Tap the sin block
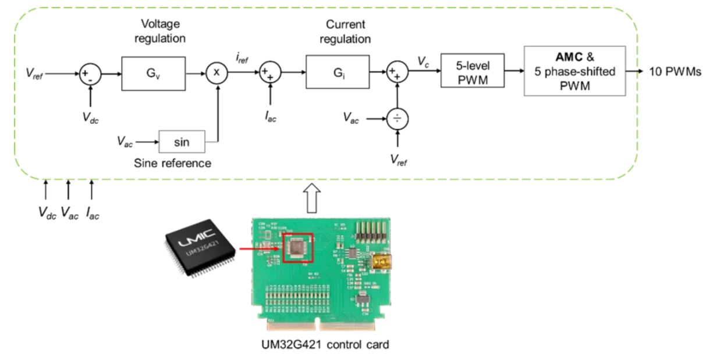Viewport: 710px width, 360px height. tap(182, 141)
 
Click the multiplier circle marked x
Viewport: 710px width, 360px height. tap(216, 74)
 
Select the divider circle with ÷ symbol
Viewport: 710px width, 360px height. tap(397, 119)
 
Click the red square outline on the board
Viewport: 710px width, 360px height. tap(297, 248)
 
